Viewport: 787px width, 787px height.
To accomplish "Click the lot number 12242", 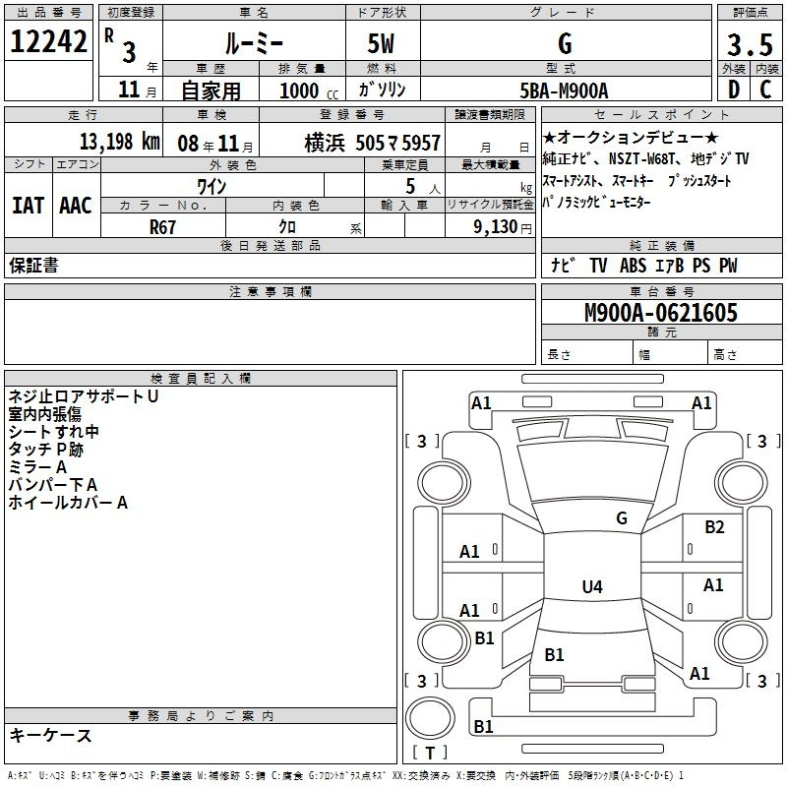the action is (48, 41).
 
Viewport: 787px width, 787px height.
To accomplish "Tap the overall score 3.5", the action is (750, 44).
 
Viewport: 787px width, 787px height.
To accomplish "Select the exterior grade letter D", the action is (733, 90).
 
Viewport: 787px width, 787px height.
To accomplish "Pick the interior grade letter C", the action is (765, 90).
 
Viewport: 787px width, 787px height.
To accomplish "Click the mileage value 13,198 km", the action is (119, 142).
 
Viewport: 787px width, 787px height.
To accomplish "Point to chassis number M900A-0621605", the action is (661, 313).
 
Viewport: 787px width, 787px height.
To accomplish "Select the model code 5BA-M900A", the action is (564, 91).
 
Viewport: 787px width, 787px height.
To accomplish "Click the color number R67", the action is (162, 227).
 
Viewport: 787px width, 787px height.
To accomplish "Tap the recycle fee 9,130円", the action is (503, 227).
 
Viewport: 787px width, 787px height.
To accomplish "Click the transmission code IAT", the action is (29, 206).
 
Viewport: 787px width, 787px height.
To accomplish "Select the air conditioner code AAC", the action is (76, 206).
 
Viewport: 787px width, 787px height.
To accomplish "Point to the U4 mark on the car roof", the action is (592, 586).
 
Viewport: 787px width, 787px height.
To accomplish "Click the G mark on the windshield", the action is (622, 518).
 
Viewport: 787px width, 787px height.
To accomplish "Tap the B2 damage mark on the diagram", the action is (714, 527).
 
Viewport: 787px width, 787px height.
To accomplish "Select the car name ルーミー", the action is (254, 44).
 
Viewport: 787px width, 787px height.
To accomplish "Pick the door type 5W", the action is (381, 43).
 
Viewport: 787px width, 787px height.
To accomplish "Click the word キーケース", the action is (50, 735).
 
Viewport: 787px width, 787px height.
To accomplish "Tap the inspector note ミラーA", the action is (37, 467).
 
